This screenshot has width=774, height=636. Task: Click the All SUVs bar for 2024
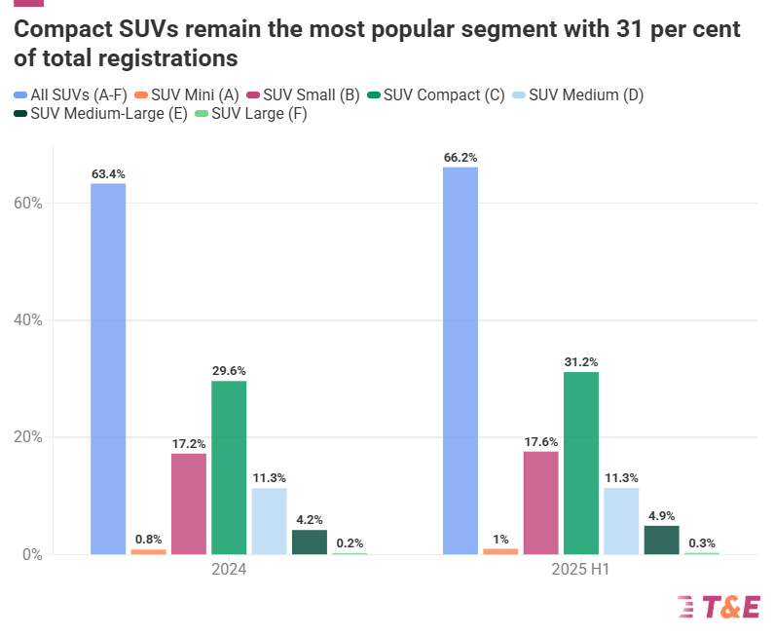pyautogui.click(x=108, y=369)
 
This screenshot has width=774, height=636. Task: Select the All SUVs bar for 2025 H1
pyautogui.click(x=461, y=360)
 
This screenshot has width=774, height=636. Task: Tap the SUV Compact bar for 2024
pyautogui.click(x=229, y=468)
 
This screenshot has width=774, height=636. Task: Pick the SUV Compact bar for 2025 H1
pyautogui.click(x=581, y=464)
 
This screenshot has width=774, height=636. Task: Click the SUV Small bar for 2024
pyautogui.click(x=189, y=504)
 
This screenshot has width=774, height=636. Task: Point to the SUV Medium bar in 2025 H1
pyautogui.click(x=621, y=521)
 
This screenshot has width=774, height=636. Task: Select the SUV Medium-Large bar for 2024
pyautogui.click(x=310, y=542)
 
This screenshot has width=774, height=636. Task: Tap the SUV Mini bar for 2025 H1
pyautogui.click(x=500, y=551)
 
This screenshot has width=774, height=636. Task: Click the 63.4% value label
pyautogui.click(x=108, y=174)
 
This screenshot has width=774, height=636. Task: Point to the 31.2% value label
pyautogui.click(x=581, y=362)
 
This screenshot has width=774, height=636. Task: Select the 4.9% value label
pyautogui.click(x=662, y=516)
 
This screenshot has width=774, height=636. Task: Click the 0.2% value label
pyautogui.click(x=350, y=543)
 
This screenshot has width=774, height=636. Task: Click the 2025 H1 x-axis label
pyautogui.click(x=581, y=570)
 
